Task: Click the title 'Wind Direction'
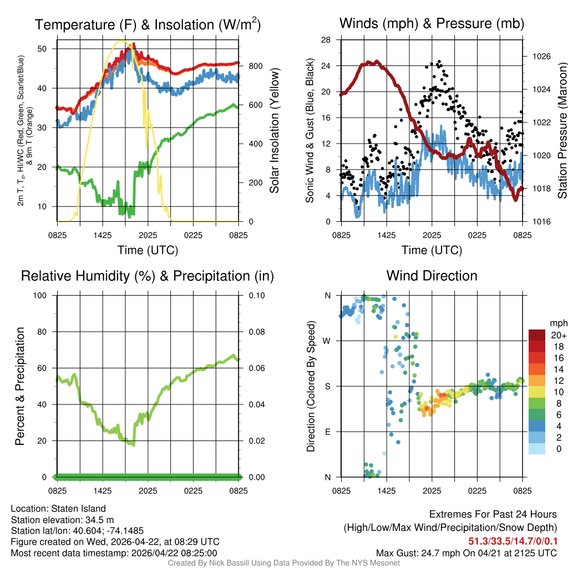tap(432, 276)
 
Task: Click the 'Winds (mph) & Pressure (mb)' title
tap(432, 23)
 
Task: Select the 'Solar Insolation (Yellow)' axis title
tap(274, 131)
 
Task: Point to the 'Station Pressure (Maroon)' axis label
tap(561, 131)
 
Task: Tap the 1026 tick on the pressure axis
tap(538, 57)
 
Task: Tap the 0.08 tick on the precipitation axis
tap(256, 332)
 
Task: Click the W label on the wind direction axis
tap(327, 341)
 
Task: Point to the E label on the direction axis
tap(328, 432)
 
